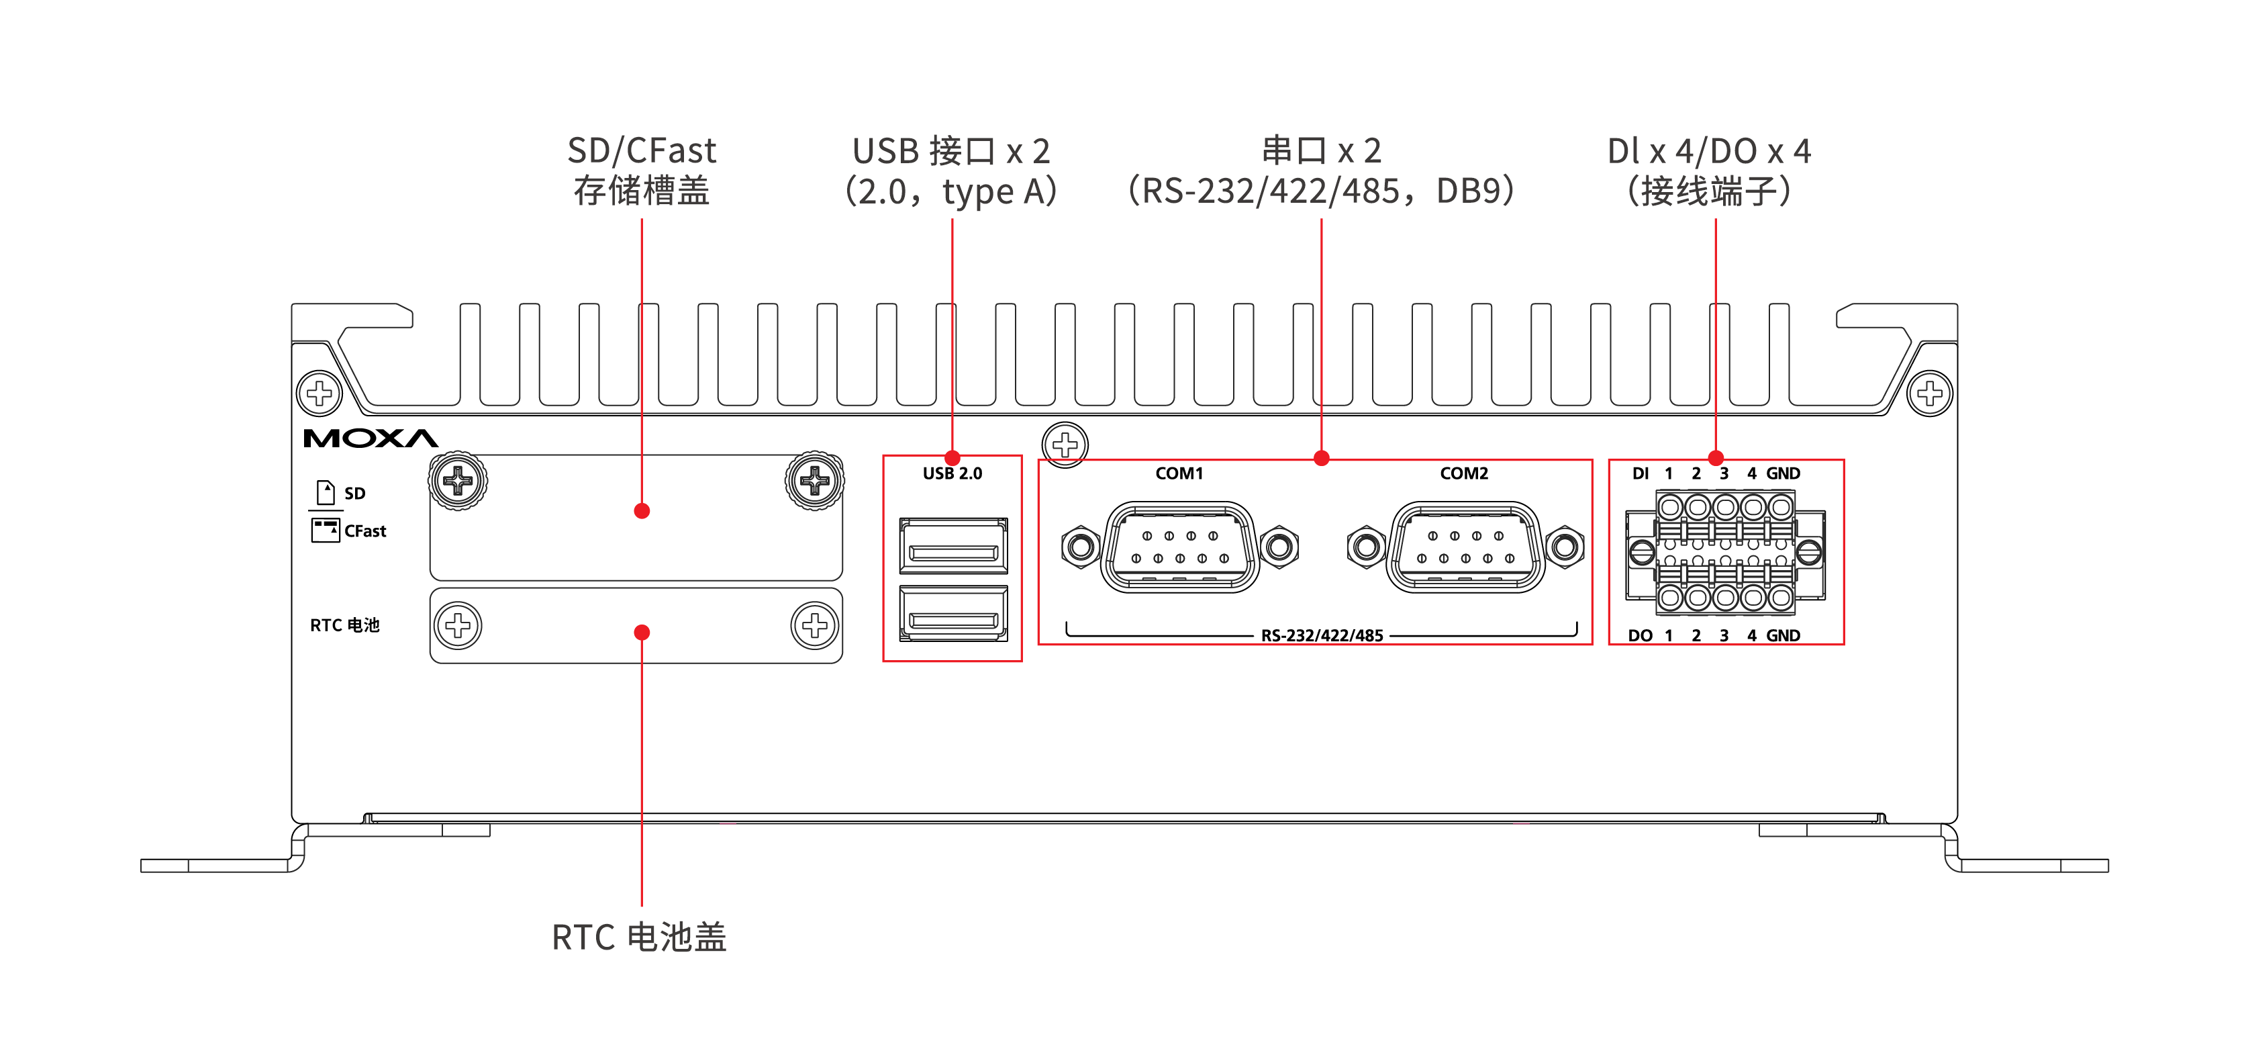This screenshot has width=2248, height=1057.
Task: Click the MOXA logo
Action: [370, 438]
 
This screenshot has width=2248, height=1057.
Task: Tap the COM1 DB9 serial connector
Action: [1180, 547]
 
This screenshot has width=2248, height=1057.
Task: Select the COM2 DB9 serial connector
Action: [1465, 547]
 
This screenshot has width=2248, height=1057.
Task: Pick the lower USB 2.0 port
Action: [953, 614]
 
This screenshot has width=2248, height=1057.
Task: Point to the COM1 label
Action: [1179, 473]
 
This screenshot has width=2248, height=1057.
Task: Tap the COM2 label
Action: [1463, 473]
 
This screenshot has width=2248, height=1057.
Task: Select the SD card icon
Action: [326, 492]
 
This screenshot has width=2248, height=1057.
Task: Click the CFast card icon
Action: [326, 530]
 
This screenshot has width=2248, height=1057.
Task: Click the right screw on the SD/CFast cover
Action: [814, 480]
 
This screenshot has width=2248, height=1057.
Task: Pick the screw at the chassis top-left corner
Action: [320, 393]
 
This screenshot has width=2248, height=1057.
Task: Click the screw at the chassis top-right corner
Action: [1929, 393]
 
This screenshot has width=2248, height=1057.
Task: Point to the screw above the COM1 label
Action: [1065, 445]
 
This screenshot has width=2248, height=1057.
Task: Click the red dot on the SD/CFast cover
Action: [642, 510]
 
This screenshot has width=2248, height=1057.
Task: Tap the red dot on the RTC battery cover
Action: [642, 632]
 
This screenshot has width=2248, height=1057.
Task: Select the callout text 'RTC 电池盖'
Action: [639, 937]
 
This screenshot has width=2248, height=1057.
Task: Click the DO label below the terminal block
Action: [1640, 635]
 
